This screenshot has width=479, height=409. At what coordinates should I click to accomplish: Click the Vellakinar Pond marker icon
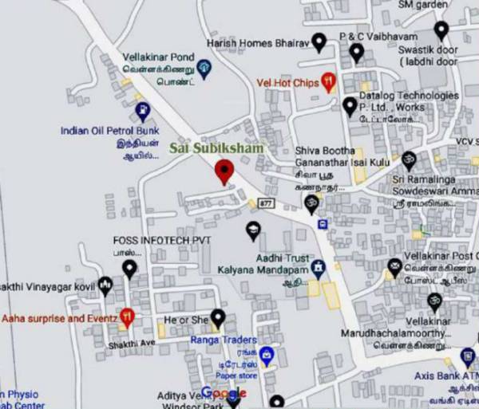tap(204, 66)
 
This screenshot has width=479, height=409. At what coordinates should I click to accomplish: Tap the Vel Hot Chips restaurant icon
tap(327, 81)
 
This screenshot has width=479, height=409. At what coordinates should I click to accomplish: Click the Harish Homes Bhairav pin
tap(319, 41)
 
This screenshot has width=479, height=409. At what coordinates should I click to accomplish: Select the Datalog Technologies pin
tap(350, 105)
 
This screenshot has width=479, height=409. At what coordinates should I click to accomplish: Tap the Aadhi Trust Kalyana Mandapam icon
tap(319, 266)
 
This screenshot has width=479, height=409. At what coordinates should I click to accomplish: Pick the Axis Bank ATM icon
tap(468, 356)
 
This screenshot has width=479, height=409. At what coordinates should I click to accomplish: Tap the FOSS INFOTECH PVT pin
tap(129, 268)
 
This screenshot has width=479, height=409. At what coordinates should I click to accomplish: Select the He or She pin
tap(217, 319)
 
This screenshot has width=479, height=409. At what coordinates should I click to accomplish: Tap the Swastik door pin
tap(441, 30)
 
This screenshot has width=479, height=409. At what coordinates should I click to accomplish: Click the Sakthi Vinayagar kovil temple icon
tap(105, 285)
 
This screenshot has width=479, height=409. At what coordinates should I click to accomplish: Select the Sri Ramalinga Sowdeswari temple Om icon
tap(409, 159)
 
